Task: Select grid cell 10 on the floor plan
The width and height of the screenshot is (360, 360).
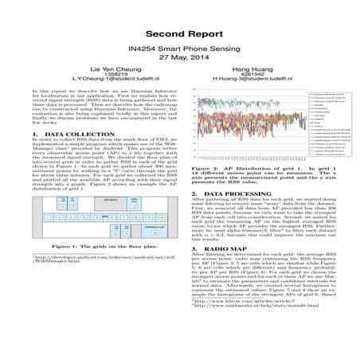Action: (x=162, y=217)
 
